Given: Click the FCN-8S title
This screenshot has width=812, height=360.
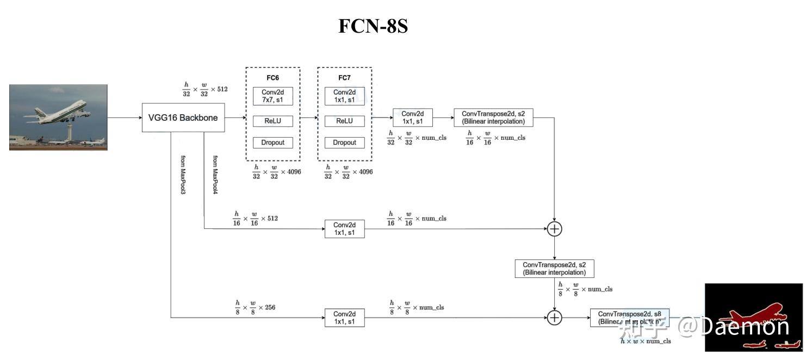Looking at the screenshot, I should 373,26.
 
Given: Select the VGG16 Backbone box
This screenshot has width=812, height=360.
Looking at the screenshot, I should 183,117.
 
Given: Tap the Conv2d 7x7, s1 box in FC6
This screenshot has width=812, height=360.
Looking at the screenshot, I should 272,96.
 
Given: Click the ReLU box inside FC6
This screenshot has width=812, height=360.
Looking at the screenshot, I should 272,121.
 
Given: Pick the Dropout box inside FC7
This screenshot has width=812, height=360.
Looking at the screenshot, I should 344,142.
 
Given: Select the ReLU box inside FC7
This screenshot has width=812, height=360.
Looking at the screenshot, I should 344,121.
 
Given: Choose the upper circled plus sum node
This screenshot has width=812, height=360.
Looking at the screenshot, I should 554,229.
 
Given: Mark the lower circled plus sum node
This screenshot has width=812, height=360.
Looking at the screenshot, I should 554,318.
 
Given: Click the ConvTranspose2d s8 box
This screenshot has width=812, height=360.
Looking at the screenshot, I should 629,318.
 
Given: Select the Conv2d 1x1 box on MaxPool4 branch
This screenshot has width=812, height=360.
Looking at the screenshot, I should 344,229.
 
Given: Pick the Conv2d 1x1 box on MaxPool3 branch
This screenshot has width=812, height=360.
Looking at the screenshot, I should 344,318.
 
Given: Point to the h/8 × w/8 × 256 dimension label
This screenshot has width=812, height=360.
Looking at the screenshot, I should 255,307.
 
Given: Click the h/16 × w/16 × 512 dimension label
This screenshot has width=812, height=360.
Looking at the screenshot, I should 255,218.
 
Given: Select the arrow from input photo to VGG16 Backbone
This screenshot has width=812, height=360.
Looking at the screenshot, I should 124,117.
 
